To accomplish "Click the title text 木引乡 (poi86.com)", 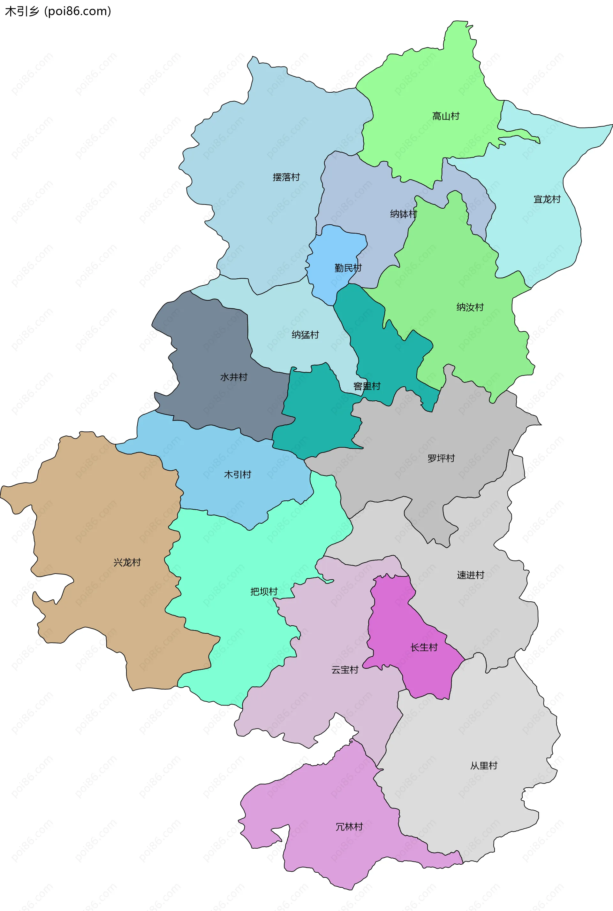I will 58,11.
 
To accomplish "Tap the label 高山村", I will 446,116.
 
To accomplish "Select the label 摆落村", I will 286,177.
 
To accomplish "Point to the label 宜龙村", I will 547,199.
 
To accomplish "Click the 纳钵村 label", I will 404,214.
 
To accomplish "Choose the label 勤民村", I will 348,268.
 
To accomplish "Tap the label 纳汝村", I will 470,307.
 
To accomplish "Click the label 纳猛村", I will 305,335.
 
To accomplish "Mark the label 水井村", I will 234,377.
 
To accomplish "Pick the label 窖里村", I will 367,386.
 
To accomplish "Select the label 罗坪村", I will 441,458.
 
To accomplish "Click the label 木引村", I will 237,475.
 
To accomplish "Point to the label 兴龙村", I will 127,562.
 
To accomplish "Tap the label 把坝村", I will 264,591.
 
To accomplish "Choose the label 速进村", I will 470,575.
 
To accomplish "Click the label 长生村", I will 424,647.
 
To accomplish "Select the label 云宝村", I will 345,670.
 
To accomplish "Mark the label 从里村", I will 484,766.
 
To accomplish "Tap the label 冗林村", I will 349,827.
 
